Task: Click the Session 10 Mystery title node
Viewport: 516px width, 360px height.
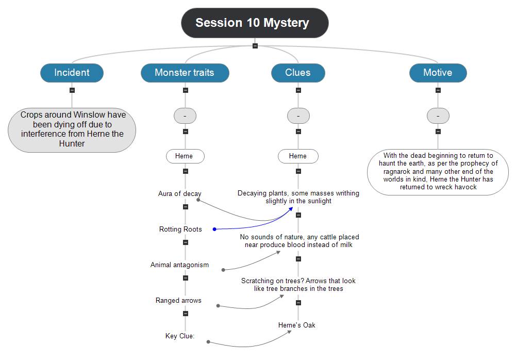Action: click(255, 23)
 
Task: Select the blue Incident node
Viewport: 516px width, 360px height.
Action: click(72, 73)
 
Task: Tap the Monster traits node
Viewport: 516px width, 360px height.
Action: click(185, 73)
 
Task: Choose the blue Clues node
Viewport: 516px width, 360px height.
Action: click(298, 73)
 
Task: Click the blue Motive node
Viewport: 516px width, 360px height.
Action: click(438, 73)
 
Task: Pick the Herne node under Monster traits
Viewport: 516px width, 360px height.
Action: click(185, 156)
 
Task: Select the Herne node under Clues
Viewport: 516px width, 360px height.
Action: click(298, 156)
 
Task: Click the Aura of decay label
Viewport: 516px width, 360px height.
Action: click(179, 194)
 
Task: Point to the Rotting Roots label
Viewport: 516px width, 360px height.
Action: click(180, 229)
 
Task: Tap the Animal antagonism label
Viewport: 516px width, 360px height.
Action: click(179, 265)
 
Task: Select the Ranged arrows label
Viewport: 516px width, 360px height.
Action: click(178, 300)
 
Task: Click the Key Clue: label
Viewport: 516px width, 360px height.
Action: click(179, 336)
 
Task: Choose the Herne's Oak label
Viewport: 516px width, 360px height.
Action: click(296, 325)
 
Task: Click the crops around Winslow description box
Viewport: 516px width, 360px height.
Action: click(72, 129)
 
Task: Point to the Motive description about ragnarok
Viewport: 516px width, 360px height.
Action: click(438, 171)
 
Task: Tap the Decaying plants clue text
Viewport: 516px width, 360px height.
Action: click(298, 197)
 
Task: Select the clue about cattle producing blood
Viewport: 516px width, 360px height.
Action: click(299, 241)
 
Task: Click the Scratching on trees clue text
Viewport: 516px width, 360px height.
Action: click(298, 285)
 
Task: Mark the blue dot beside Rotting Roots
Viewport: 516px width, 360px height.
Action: click(214, 229)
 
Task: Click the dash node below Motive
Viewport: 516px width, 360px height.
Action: click(438, 116)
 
